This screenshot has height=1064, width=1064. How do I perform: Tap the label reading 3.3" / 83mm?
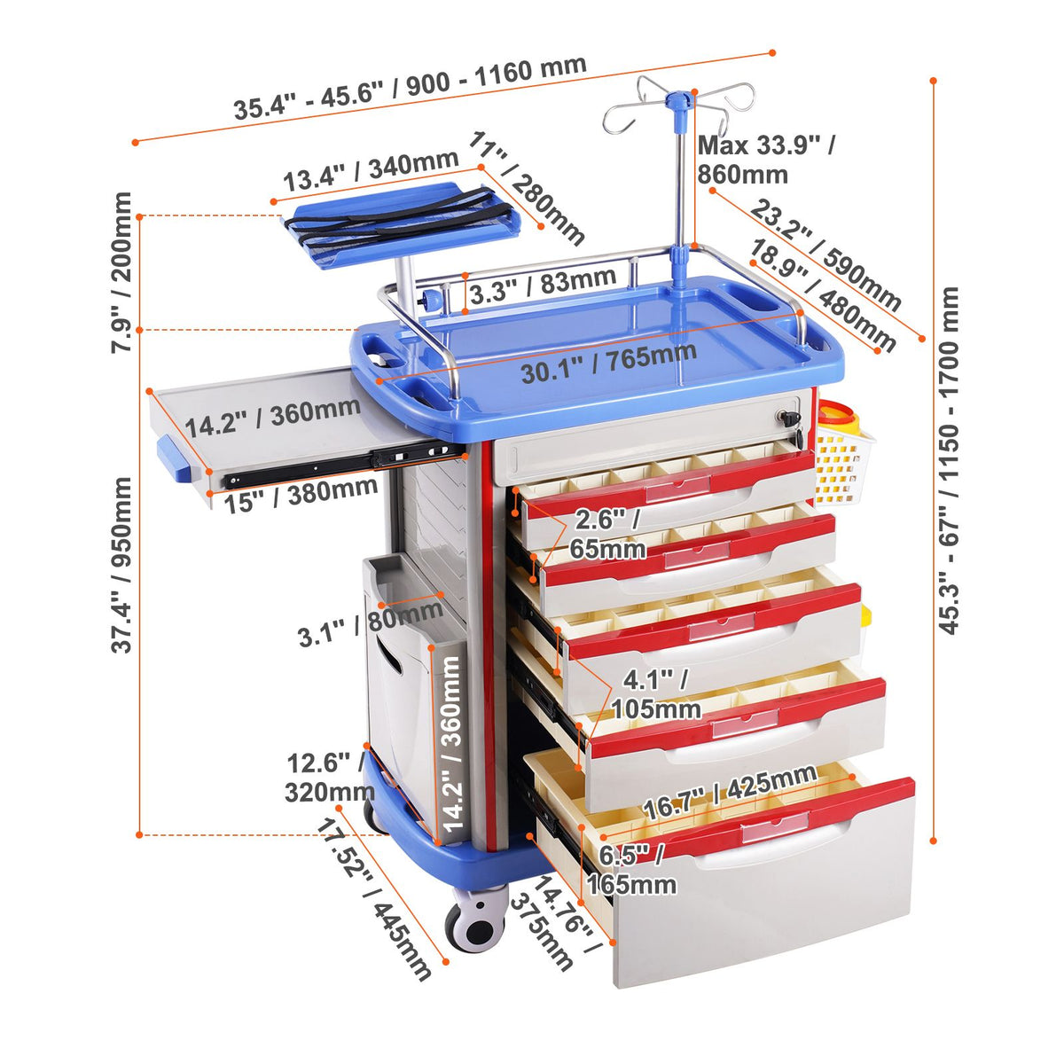point(543,286)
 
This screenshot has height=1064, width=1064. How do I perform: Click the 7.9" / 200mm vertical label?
point(121,272)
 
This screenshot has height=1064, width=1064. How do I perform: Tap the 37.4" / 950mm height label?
point(121,566)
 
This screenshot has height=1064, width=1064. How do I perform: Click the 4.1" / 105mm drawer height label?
point(656,694)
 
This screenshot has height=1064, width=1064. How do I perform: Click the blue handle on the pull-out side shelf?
point(175,458)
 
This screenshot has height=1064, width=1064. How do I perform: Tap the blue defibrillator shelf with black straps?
point(402,223)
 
